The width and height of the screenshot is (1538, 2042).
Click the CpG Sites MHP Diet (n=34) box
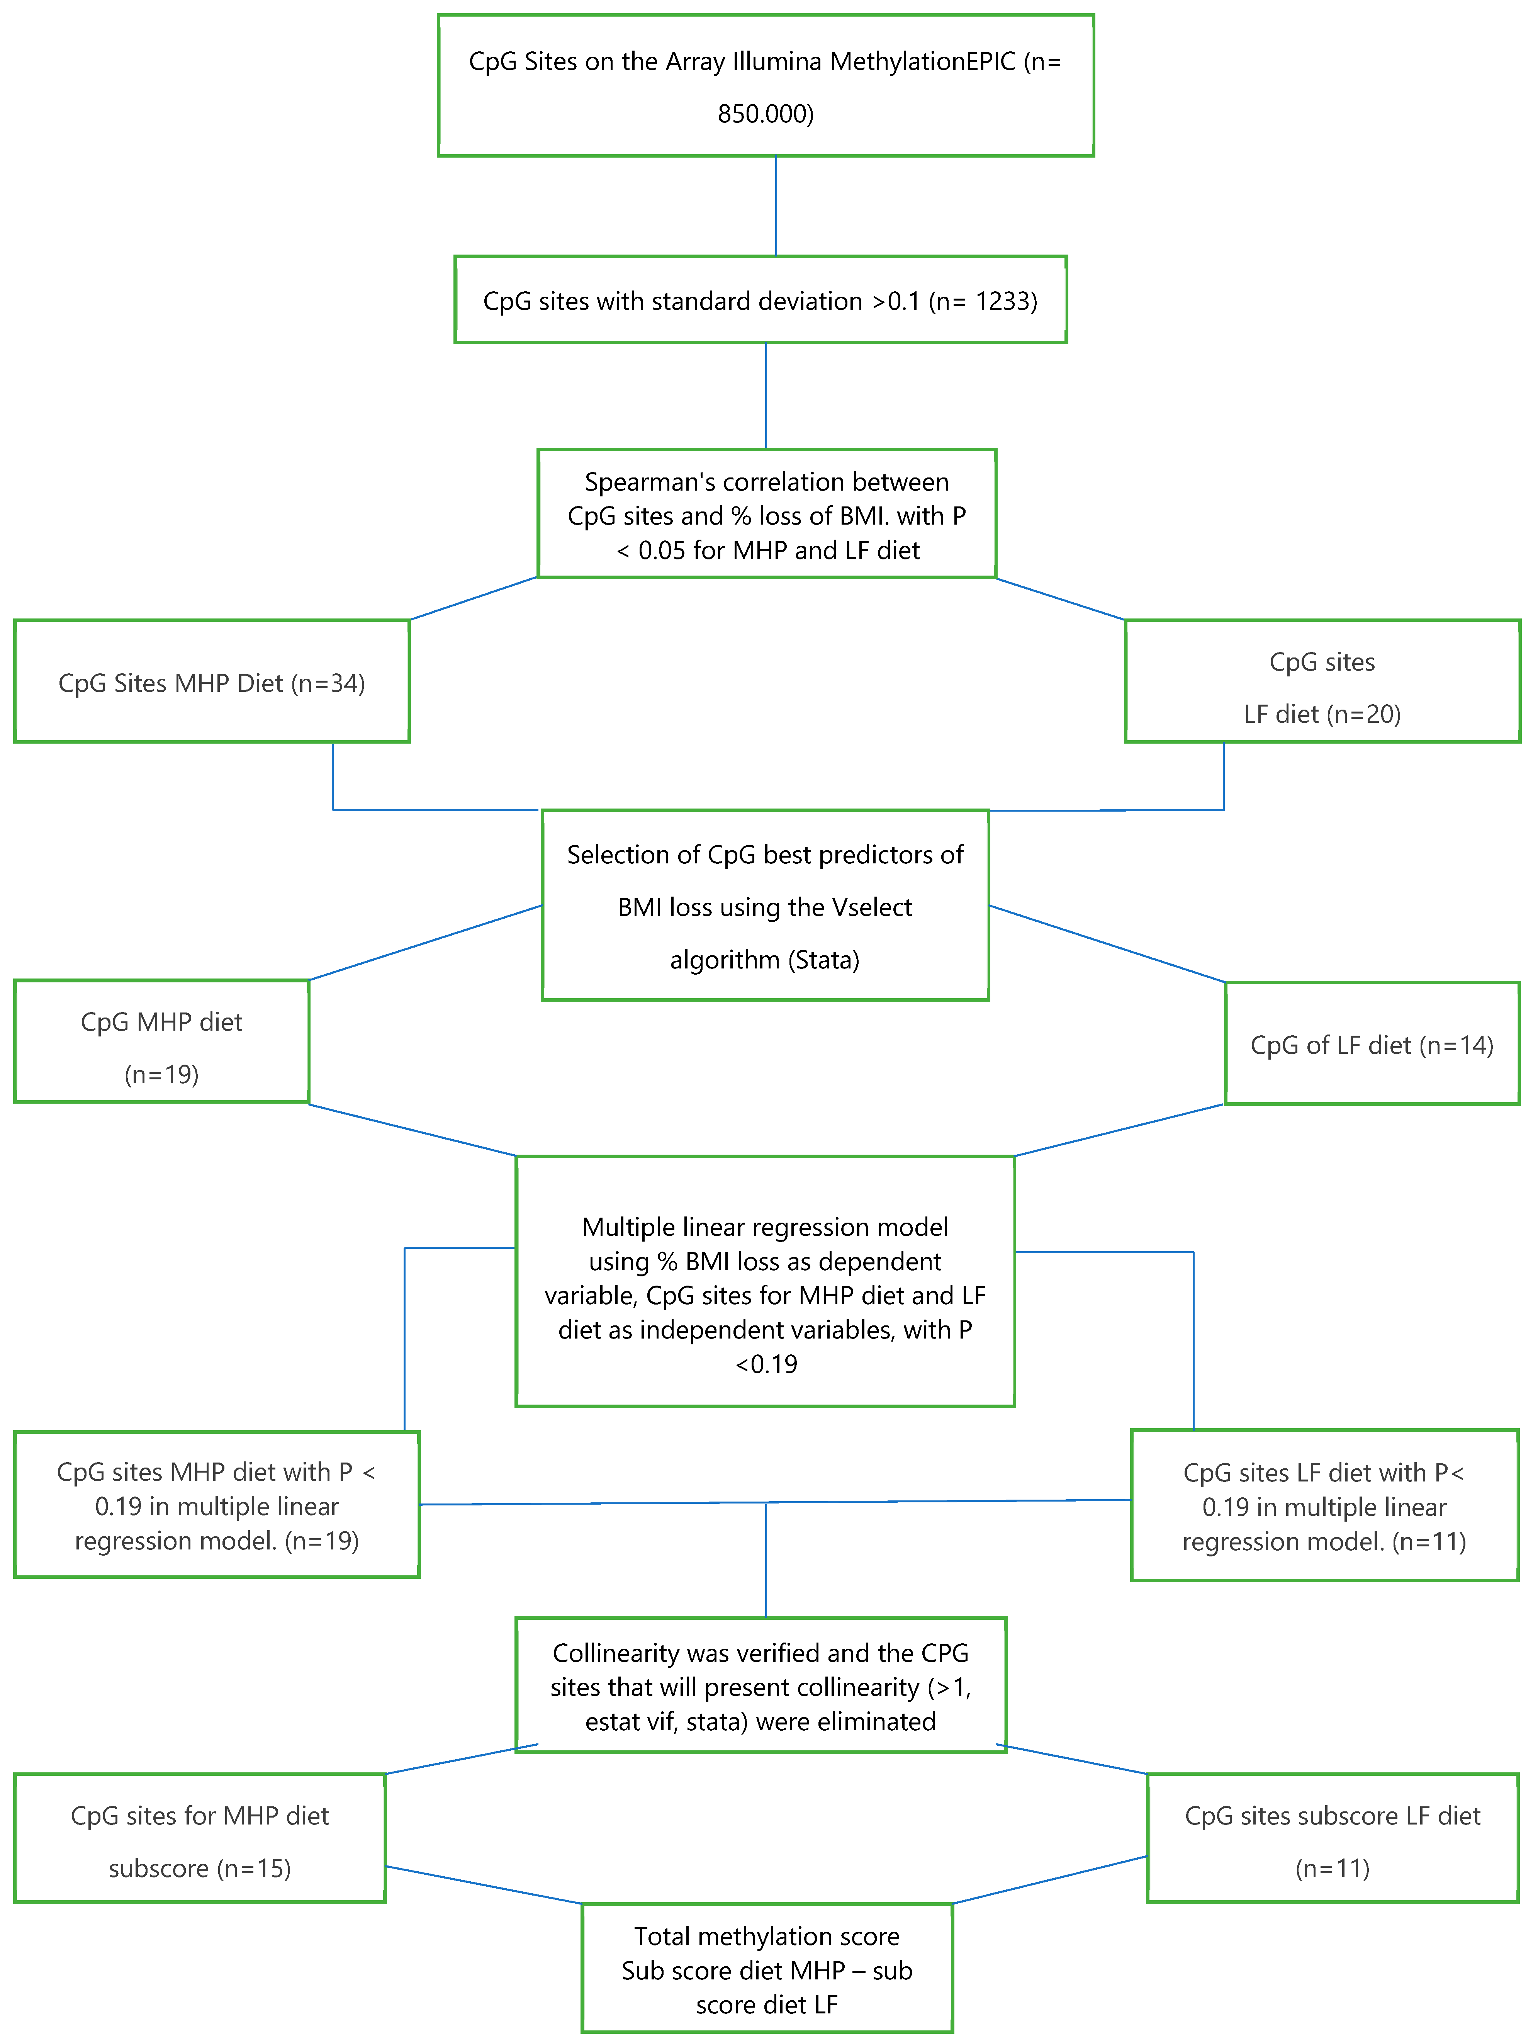pyautogui.click(x=211, y=683)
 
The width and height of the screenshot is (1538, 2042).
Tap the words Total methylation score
pyautogui.click(x=766, y=1936)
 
